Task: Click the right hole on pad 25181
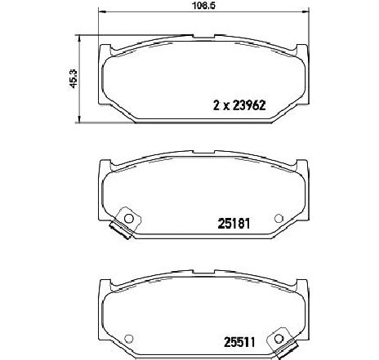point(279,218)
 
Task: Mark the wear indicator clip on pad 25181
point(121,233)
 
